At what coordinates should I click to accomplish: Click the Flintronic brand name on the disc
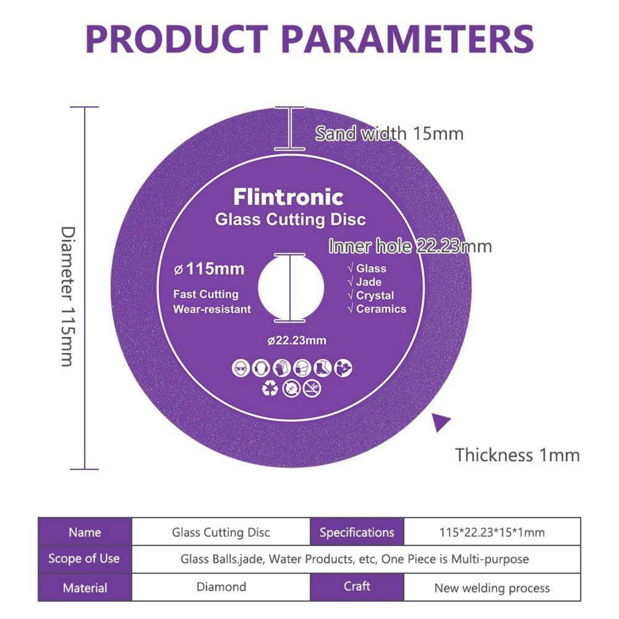point(288,197)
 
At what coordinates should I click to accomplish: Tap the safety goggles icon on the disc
point(241,368)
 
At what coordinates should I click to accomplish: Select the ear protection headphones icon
point(261,368)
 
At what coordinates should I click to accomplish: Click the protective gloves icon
point(281,368)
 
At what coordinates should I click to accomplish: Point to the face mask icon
point(302,368)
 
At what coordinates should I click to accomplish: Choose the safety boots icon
point(322,368)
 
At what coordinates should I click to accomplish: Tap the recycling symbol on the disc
point(270,388)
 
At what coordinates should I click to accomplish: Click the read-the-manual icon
point(343,368)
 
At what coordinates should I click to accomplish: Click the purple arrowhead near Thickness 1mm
point(440,422)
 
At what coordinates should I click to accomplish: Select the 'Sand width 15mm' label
point(390,133)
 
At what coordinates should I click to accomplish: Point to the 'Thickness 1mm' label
point(517,455)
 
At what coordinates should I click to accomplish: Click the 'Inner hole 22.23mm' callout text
point(410,246)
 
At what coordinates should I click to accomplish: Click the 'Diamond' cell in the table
point(221,587)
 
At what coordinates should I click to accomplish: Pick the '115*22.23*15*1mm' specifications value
point(492,532)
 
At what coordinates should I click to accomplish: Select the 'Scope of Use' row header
point(84,559)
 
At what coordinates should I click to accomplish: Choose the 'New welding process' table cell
point(492,588)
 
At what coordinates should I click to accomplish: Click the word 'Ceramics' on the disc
point(381,309)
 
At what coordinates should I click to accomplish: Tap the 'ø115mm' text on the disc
point(209,269)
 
